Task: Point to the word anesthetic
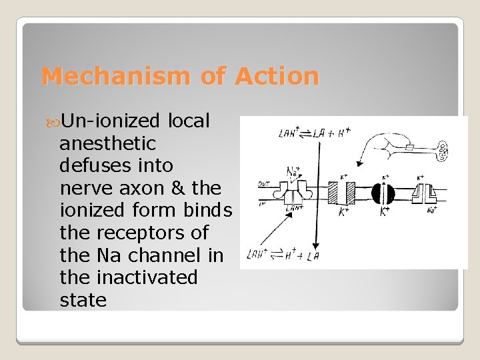(x=108, y=143)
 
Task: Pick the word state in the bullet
(x=83, y=300)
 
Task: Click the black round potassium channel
(x=383, y=193)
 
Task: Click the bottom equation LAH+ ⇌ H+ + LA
(x=283, y=253)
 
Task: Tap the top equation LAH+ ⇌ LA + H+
(x=315, y=133)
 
